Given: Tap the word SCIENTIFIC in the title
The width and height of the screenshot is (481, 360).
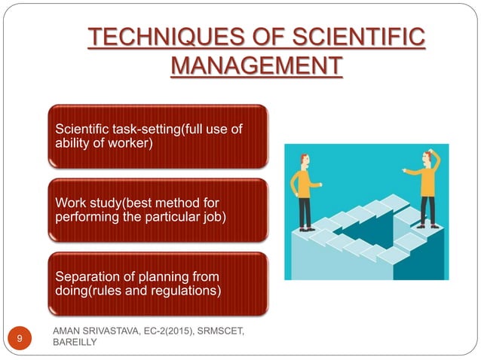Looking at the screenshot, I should [349, 38].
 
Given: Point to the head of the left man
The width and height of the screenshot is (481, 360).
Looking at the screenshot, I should [304, 160].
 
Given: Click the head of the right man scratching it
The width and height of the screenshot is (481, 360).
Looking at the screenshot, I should [430, 158].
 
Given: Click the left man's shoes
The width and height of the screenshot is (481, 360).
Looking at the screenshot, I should [305, 227].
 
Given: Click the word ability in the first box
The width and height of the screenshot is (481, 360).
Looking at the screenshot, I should [71, 143].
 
